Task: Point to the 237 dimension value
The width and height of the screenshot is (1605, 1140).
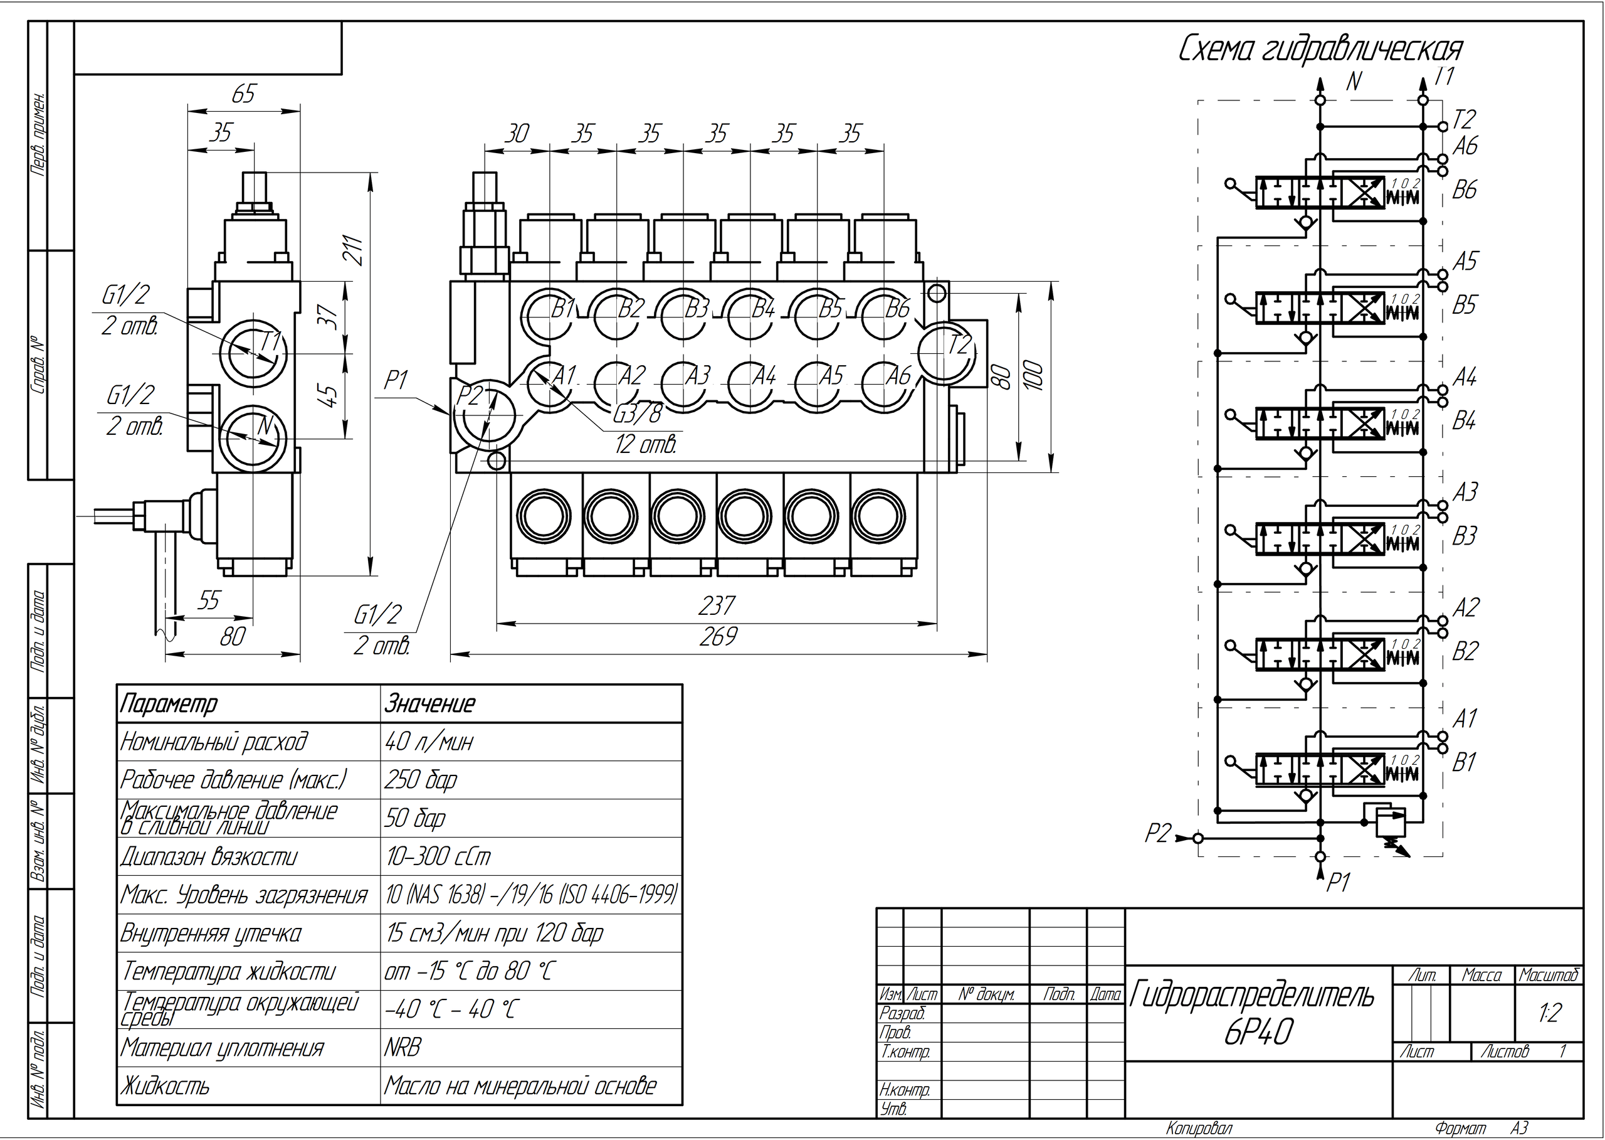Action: tap(717, 605)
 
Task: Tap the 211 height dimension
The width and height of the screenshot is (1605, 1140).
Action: tap(355, 249)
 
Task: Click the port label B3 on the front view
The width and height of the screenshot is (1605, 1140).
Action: tap(697, 309)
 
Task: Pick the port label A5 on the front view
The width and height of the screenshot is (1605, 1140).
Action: tap(831, 376)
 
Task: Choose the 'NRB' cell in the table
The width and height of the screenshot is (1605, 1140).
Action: tap(403, 1048)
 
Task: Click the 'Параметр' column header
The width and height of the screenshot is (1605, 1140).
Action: tap(169, 703)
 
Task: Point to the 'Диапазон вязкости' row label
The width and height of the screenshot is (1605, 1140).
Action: tap(209, 856)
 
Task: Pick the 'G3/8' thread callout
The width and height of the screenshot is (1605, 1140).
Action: tap(637, 415)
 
